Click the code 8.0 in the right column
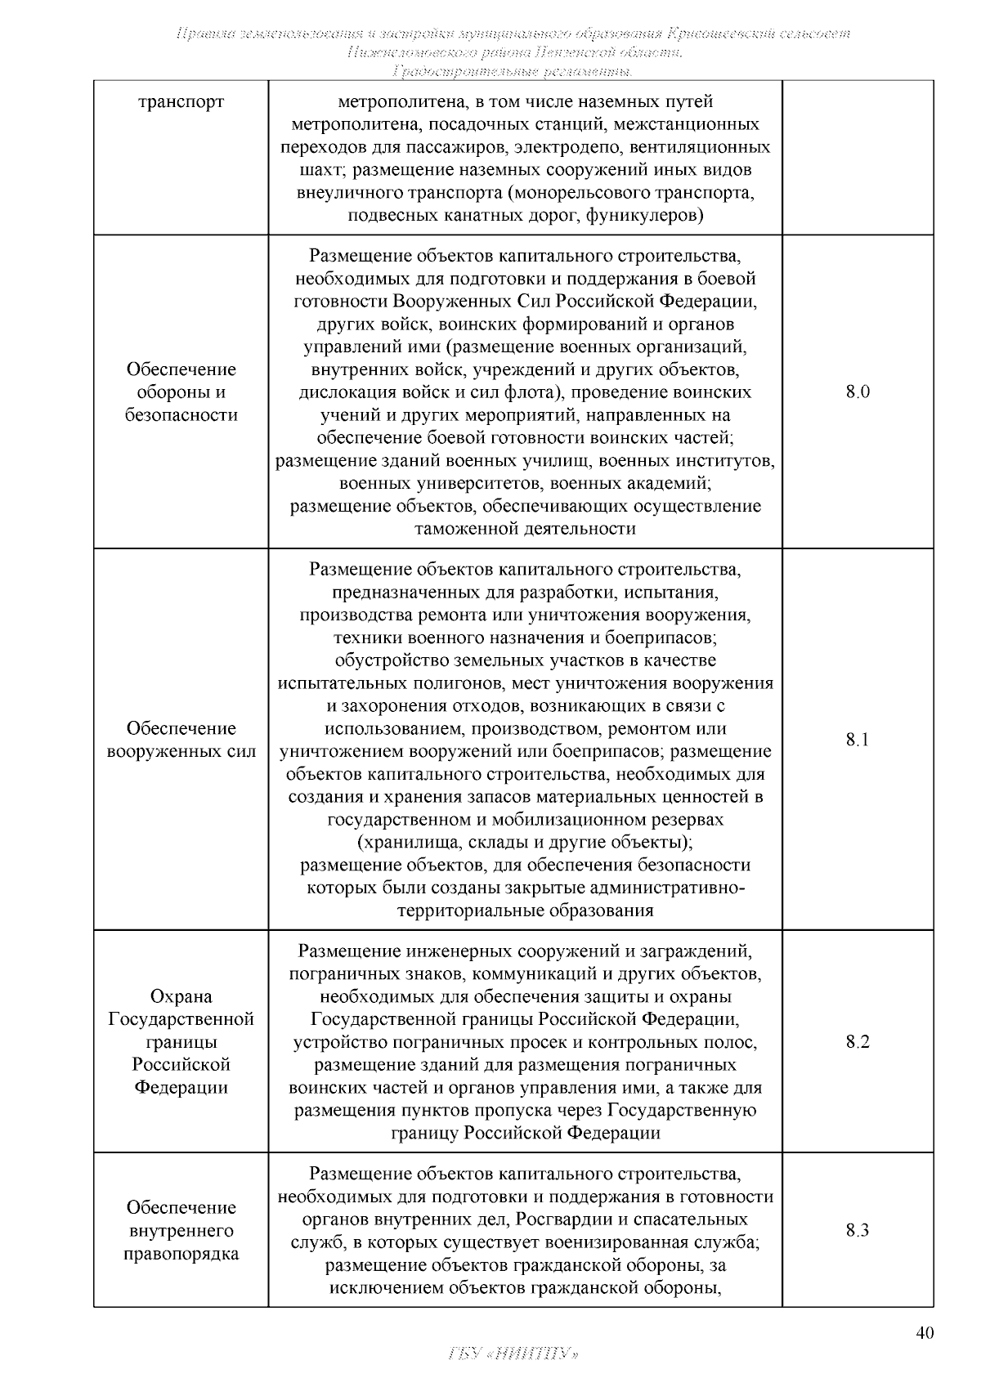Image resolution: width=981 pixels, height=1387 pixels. tap(858, 391)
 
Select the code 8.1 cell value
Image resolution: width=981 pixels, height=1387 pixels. tap(858, 740)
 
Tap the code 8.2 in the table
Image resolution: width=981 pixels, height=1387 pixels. tap(858, 1041)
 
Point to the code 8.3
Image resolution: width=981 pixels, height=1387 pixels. tap(858, 1230)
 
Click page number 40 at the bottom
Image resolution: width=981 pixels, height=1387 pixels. tap(924, 1333)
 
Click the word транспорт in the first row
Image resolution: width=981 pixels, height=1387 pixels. tap(181, 103)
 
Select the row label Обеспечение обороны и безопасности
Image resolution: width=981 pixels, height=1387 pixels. tap(181, 391)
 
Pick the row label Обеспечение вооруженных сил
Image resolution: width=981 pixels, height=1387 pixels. tap(181, 740)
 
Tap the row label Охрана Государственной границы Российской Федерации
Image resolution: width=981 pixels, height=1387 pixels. tap(181, 1041)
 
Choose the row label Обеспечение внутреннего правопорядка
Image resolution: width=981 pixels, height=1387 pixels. tap(181, 1230)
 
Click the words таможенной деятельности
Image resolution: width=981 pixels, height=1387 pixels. tap(525, 529)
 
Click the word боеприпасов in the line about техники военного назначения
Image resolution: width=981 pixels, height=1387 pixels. tap(669, 637)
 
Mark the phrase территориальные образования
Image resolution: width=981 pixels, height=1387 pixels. tap(525, 910)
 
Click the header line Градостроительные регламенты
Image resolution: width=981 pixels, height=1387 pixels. tap(513, 72)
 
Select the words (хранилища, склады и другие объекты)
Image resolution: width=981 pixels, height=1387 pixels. tap(525, 842)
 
